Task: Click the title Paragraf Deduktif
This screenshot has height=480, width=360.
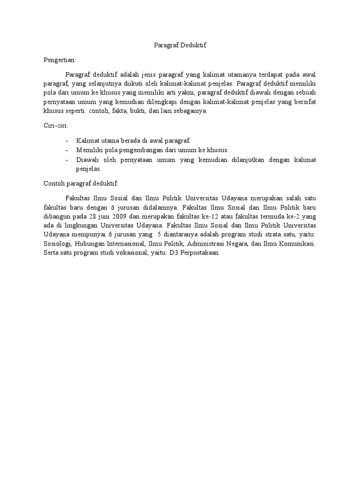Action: point(180,45)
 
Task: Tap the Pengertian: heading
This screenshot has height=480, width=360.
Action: point(60,60)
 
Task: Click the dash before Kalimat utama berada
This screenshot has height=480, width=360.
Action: point(67,141)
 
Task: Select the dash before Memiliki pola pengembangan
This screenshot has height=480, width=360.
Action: point(67,150)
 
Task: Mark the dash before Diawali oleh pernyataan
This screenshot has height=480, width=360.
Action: point(67,160)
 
